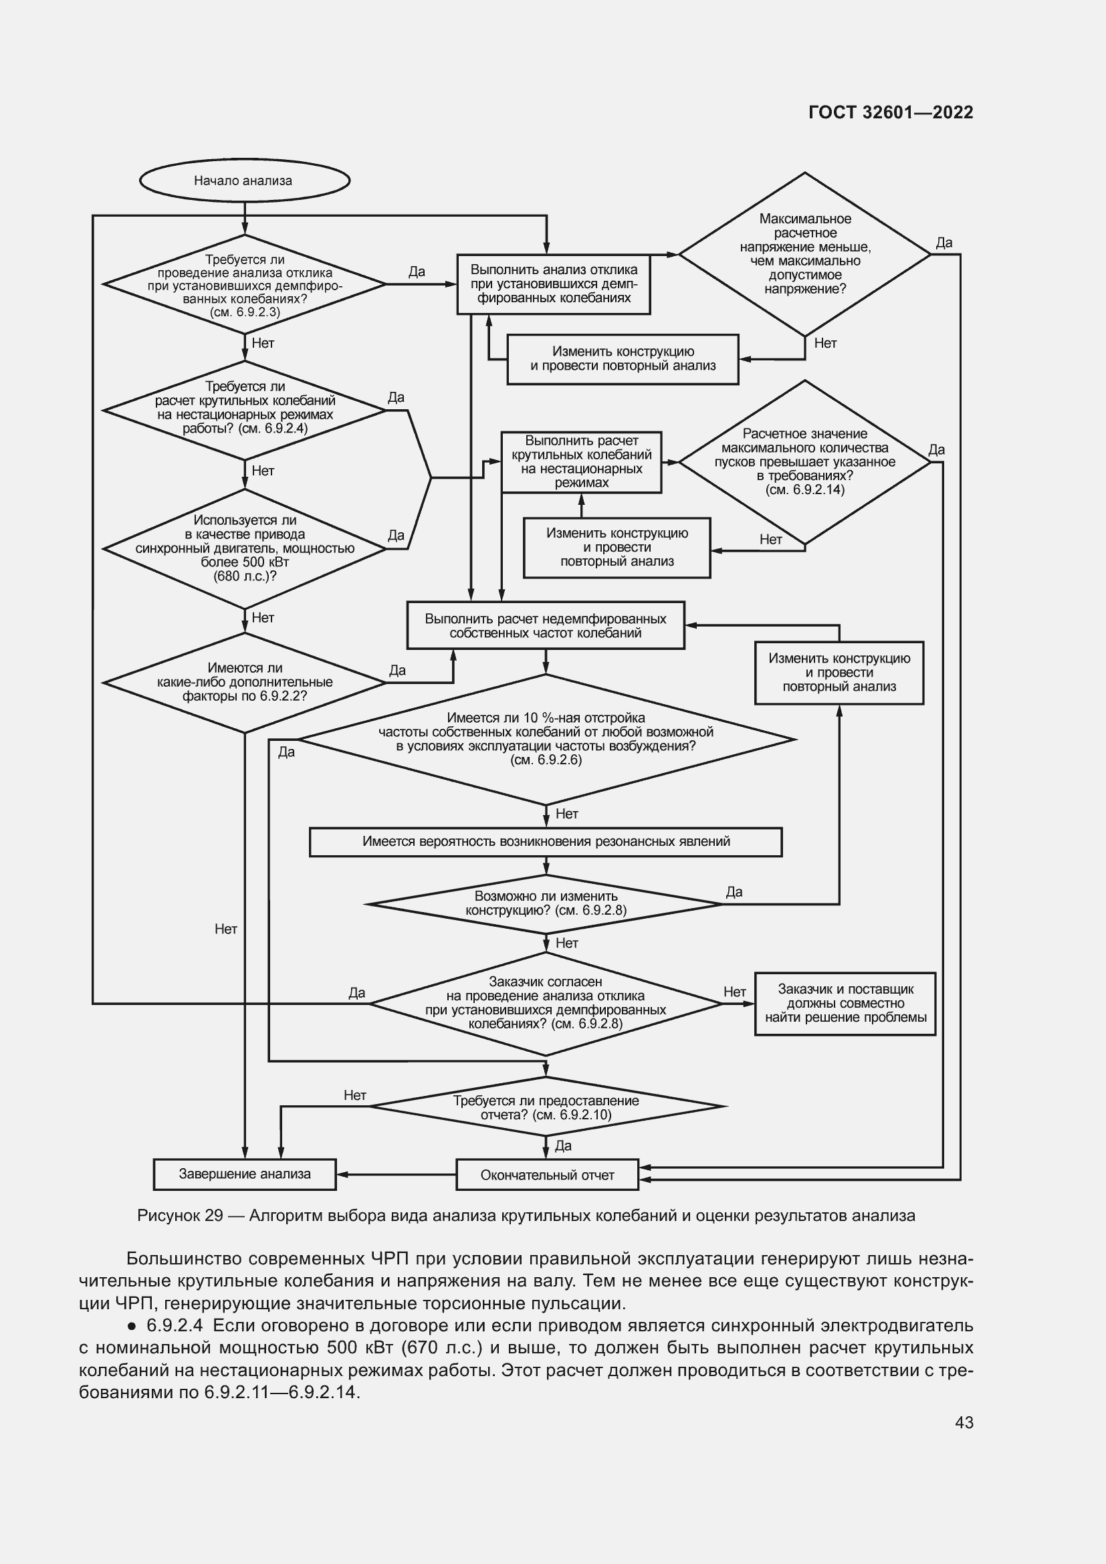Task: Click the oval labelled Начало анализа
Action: [x=244, y=181]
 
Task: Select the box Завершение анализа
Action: [x=245, y=1174]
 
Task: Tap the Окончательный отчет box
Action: [x=547, y=1174]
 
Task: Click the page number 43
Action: [x=964, y=1422]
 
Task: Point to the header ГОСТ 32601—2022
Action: [x=890, y=112]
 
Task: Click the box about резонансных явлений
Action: [x=546, y=841]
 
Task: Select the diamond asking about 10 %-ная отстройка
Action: [x=546, y=738]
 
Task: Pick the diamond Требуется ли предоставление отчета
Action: [x=546, y=1107]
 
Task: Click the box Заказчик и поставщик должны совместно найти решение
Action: [x=845, y=1004]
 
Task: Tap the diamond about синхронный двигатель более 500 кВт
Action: [x=245, y=548]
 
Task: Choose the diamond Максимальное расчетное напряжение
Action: [x=805, y=254]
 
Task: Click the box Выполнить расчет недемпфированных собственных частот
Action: [x=546, y=625]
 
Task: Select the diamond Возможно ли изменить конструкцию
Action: [x=546, y=903]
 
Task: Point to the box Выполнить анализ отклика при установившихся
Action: [x=553, y=284]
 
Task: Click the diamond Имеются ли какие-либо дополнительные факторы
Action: [x=245, y=682]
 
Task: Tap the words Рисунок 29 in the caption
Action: [x=180, y=1216]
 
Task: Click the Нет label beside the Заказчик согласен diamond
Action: [x=735, y=992]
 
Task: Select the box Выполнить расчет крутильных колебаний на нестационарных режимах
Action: [x=581, y=462]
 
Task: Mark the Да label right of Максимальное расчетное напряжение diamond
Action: [x=944, y=243]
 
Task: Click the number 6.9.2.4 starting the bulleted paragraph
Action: [x=175, y=1326]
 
